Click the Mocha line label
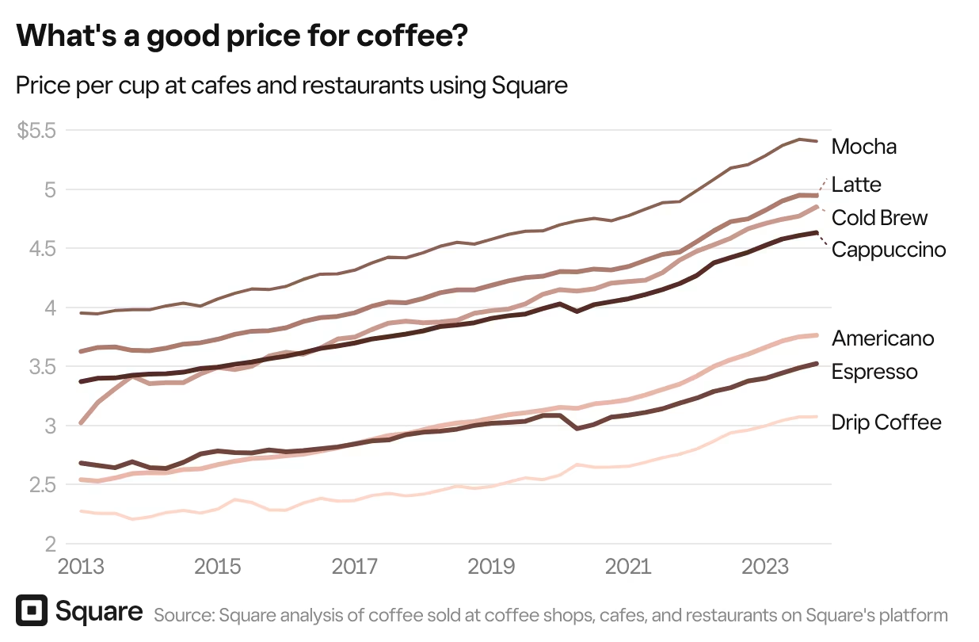tap(864, 147)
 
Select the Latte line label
tap(856, 185)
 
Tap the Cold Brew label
tap(879, 218)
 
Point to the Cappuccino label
tap(889, 250)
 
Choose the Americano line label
tap(883, 338)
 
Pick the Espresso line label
tap(874, 372)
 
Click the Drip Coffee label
tap(886, 422)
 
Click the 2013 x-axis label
tap(82, 568)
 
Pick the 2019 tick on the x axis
tap(491, 568)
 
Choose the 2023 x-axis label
tap(764, 568)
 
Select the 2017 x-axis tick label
tap(355, 568)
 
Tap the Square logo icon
tap(32, 611)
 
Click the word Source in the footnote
tap(184, 615)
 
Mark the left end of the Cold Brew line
tap(82, 423)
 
